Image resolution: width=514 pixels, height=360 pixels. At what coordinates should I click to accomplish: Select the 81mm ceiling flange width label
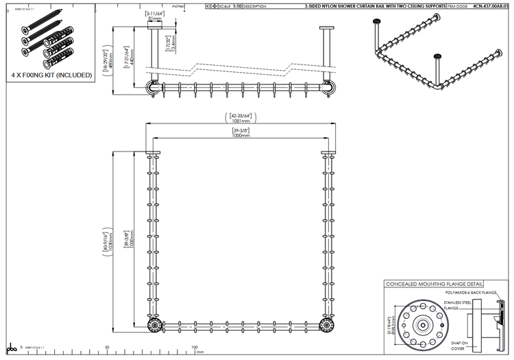(154, 19)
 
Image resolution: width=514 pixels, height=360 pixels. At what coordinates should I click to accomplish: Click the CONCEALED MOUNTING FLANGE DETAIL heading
(434, 284)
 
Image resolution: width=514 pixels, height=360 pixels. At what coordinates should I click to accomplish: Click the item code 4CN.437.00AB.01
(491, 5)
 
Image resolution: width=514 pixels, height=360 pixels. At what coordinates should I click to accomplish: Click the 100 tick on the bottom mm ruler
(195, 348)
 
